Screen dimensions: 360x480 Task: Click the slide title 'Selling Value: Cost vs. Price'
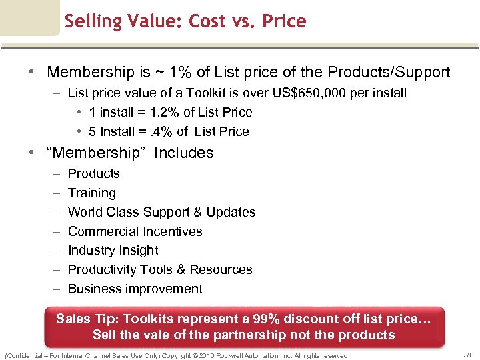click(x=185, y=21)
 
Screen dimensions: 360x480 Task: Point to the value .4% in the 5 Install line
click(x=160, y=131)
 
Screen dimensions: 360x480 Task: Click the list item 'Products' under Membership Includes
click(x=93, y=173)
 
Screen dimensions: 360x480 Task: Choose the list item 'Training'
click(x=91, y=193)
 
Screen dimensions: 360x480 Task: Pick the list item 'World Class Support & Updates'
click(x=161, y=212)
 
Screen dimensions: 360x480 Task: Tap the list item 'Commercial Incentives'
click(x=135, y=231)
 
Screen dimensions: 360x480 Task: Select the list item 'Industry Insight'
click(x=113, y=250)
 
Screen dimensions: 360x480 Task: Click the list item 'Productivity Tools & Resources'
click(x=160, y=269)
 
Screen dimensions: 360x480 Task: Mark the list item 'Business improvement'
click(x=135, y=289)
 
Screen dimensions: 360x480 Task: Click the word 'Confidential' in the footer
click(x=25, y=356)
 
